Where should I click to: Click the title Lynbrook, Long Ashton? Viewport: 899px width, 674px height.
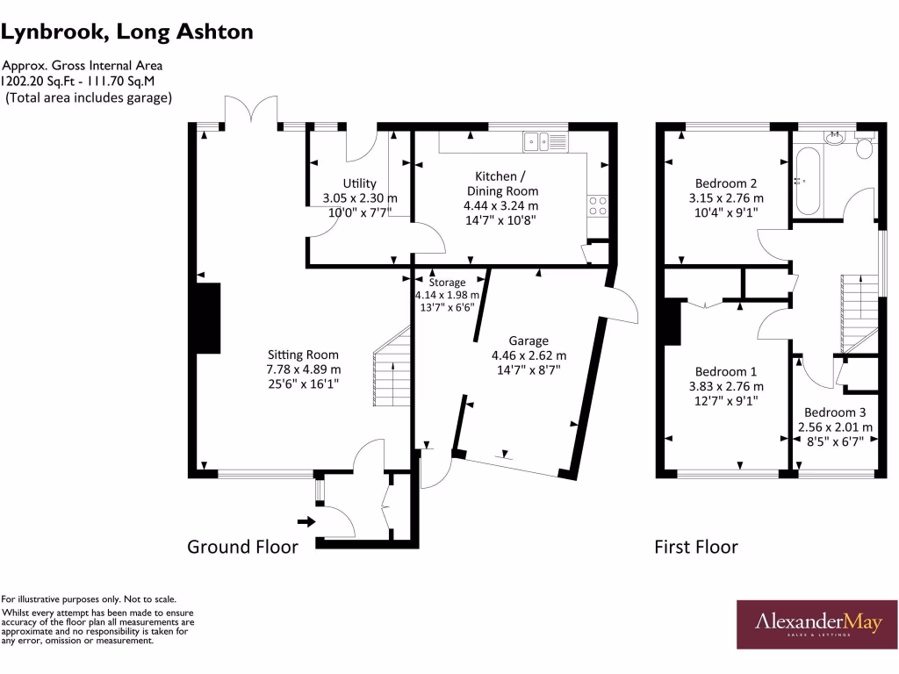(127, 32)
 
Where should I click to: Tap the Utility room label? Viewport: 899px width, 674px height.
(360, 183)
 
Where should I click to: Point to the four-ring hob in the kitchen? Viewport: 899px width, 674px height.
(597, 205)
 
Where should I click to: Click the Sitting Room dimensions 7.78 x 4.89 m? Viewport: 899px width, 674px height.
(304, 369)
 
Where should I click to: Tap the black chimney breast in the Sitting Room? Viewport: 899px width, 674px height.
(209, 318)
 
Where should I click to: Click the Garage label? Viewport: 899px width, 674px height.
(529, 341)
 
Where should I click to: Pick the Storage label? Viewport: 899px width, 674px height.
(447, 283)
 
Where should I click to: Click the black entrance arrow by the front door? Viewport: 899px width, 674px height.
(306, 521)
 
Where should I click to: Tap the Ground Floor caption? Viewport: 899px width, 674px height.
(242, 547)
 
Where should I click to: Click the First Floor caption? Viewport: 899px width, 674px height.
(695, 547)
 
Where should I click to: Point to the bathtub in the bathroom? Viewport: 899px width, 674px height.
(806, 182)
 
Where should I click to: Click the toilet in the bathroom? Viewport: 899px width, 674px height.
(864, 148)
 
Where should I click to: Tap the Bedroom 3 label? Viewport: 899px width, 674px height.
(835, 412)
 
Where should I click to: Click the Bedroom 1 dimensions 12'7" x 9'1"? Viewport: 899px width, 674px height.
(725, 400)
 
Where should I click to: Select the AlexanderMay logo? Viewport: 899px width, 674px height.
(816, 623)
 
